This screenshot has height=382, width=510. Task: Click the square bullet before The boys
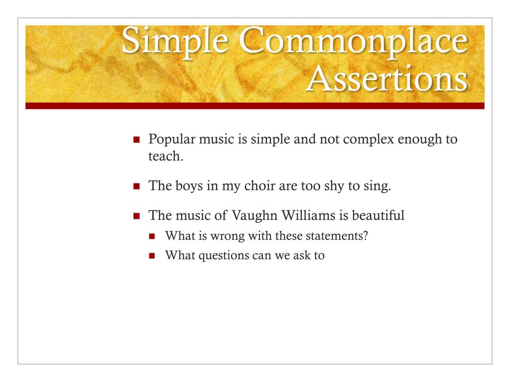point(137,187)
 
